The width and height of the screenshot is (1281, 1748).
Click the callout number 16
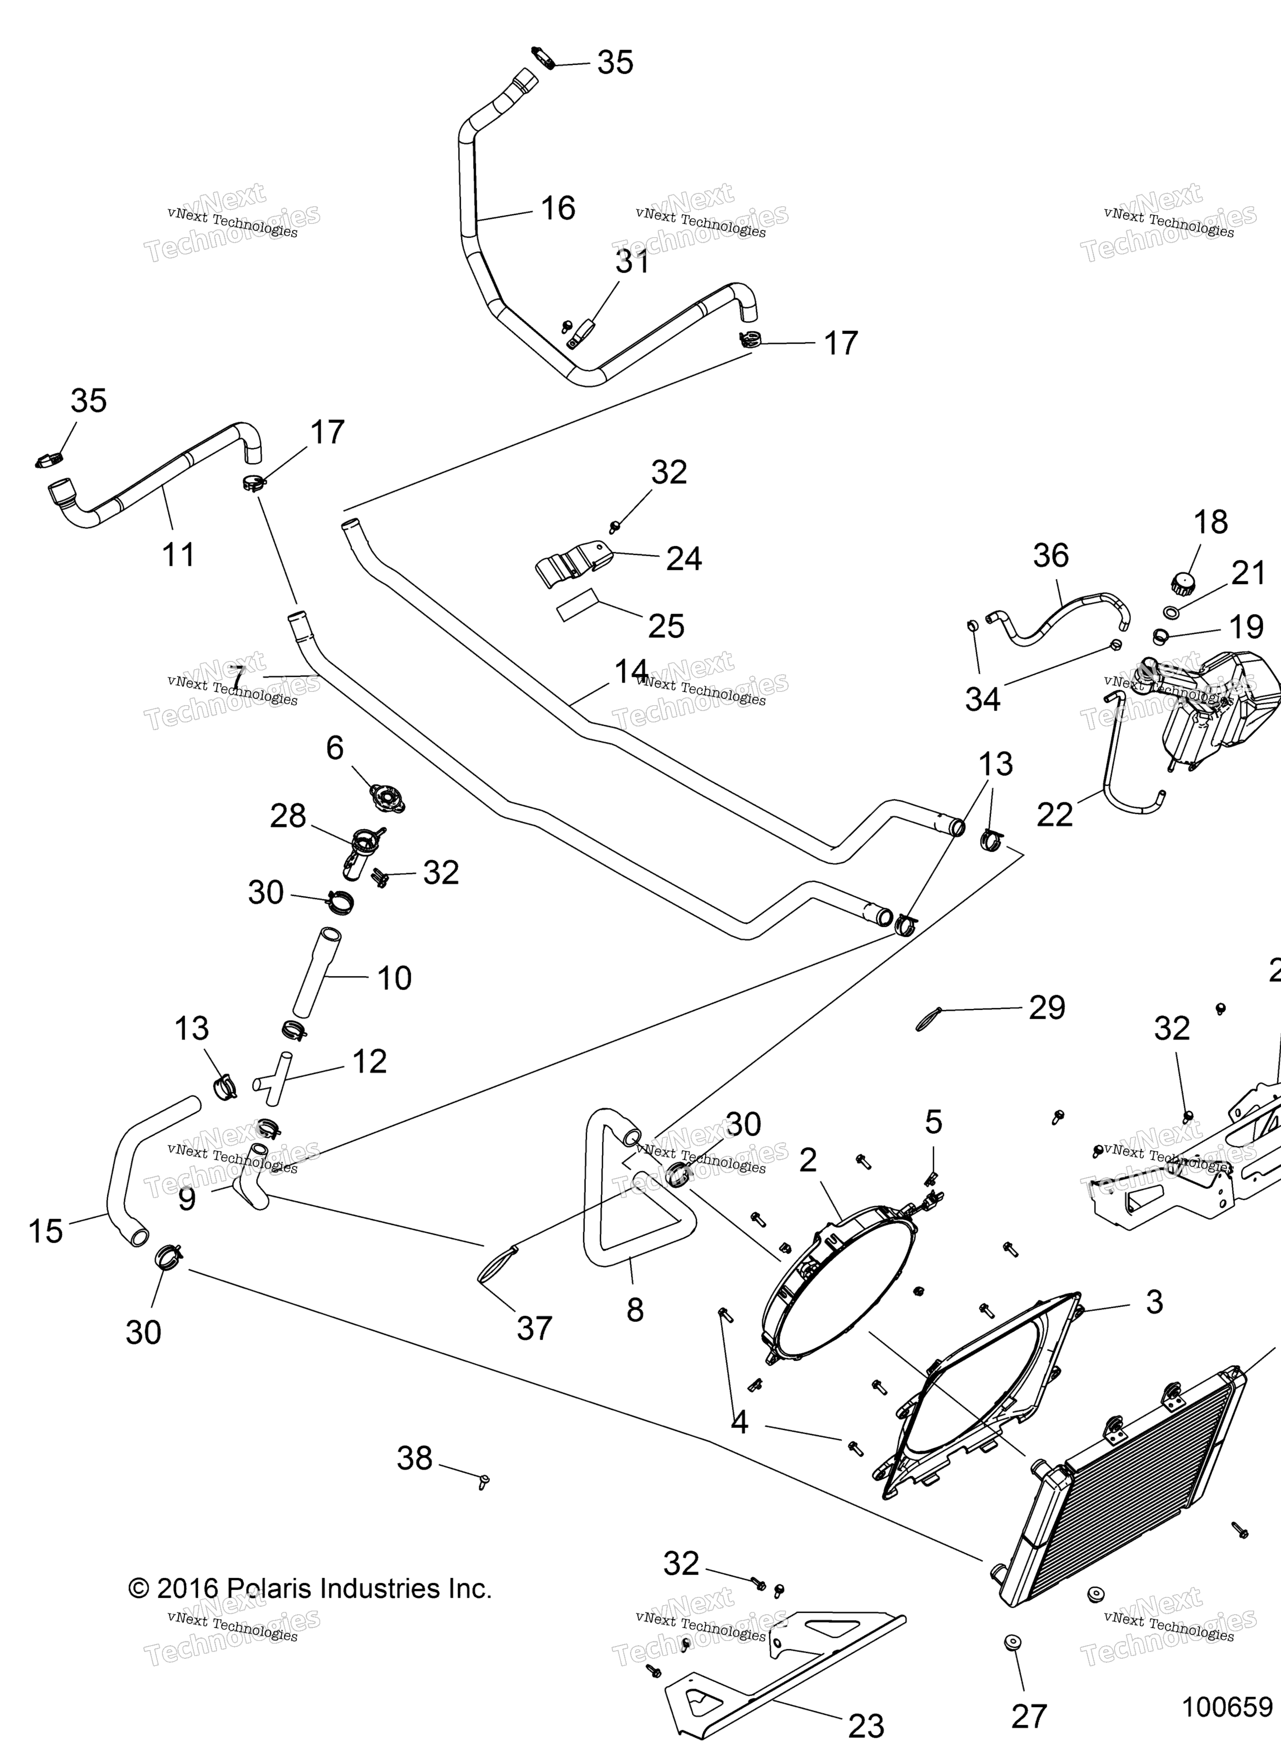pos(558,208)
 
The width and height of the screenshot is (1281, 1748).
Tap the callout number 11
pos(178,555)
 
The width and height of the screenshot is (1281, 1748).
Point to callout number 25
pos(666,626)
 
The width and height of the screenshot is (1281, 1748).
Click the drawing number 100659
pos(1227,1706)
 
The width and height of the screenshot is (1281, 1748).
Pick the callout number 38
pos(415,1458)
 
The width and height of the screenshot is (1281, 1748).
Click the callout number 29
pos(1047,1008)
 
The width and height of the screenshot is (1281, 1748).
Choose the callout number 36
pos(1051,555)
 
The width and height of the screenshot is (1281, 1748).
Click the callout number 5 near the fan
pos(933,1122)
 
